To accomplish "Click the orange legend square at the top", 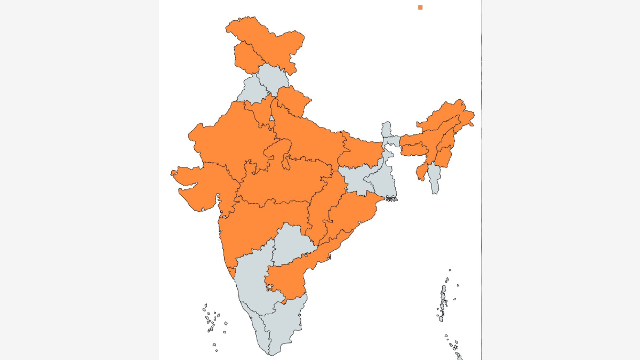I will (420, 7).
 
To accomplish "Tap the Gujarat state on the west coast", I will (200, 184).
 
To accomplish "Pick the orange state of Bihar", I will (360, 152).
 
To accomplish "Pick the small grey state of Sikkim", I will (386, 130).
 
